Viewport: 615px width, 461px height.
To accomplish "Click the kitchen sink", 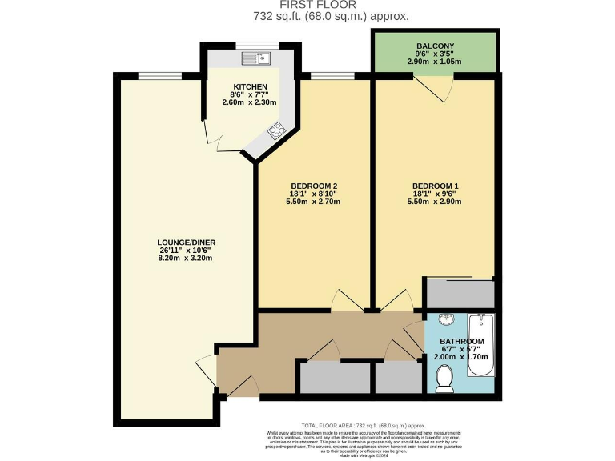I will (x=258, y=58).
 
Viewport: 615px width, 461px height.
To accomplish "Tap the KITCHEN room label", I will (x=249, y=86).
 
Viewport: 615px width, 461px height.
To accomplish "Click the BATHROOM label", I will (x=462, y=342).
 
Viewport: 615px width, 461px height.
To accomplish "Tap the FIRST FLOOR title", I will (x=307, y=5).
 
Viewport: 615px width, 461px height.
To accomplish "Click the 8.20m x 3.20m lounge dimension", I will (x=186, y=259).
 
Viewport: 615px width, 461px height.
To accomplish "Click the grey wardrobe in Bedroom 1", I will (x=459, y=294).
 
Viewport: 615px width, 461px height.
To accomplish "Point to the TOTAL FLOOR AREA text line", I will (x=362, y=426).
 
